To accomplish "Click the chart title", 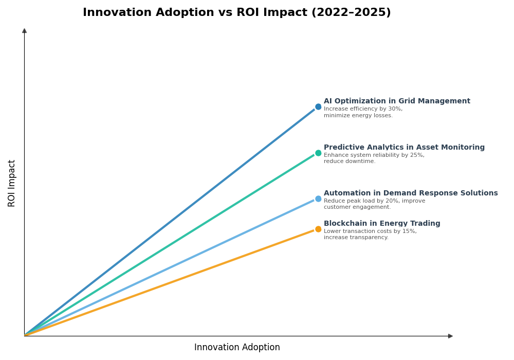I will [236, 13].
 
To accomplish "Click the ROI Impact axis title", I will [12, 183].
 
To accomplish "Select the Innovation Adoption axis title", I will [237, 348].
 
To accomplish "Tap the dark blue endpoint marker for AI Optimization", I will [318, 107].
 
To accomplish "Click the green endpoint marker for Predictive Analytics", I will [318, 153].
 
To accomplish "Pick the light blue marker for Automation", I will [318, 199].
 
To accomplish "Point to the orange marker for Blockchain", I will [318, 229].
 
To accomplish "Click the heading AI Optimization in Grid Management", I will [397, 101].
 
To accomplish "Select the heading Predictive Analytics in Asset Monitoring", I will [404, 148].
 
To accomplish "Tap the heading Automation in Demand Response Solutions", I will [411, 193].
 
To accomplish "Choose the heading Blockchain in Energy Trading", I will [382, 224].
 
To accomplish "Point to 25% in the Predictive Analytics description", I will [417, 155].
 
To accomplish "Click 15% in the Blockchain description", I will [410, 231].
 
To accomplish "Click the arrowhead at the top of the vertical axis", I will [24, 31].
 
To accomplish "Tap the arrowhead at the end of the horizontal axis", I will [450, 336].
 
